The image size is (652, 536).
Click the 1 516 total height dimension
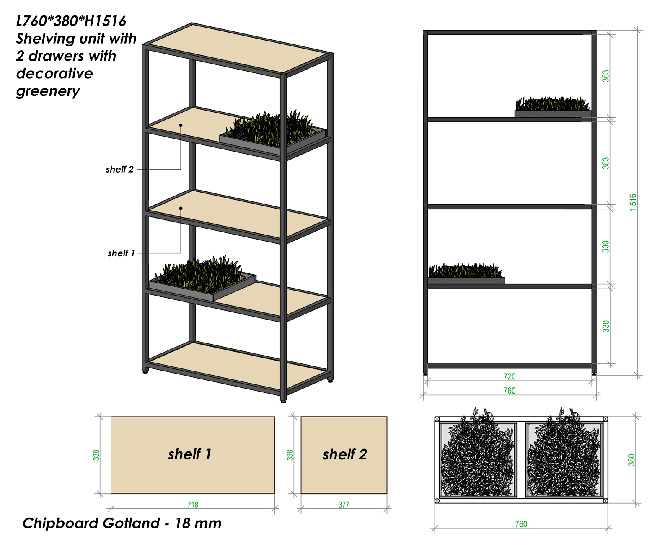point(633,202)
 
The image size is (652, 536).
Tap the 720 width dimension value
point(510,376)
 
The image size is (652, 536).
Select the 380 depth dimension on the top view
point(631,460)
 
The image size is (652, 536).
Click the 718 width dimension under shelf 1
point(193,505)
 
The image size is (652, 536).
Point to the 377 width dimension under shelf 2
point(344,505)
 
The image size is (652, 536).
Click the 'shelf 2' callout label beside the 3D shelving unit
point(120,169)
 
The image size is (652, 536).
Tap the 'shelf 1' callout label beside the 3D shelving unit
point(121,253)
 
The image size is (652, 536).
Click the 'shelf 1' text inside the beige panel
point(189,454)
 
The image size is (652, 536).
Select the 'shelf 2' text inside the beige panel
point(345,454)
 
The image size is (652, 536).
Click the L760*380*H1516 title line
point(71,21)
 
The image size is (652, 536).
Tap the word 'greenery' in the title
point(48,91)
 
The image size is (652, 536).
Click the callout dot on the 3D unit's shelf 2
point(181,125)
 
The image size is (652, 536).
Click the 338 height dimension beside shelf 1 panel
point(96,455)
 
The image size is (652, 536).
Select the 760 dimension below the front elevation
point(510,391)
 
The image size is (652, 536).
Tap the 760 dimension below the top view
point(521,524)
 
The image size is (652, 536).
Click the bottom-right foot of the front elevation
point(594,374)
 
